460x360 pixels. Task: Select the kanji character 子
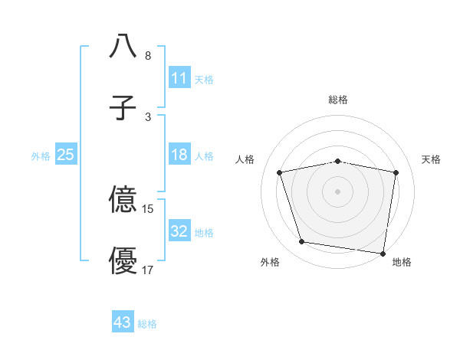[123, 107]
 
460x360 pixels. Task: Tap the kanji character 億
[123, 200]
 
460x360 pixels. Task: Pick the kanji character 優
[123, 260]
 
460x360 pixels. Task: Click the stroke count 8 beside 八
[147, 56]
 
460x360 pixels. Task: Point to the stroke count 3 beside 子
[147, 117]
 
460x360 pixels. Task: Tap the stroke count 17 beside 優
[148, 270]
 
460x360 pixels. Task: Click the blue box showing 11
[179, 78]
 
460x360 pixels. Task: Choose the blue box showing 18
[179, 155]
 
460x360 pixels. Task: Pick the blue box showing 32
[179, 231]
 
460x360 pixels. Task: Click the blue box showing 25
[66, 155]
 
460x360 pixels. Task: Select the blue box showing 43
[123, 323]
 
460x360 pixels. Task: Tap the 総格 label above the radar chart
[338, 100]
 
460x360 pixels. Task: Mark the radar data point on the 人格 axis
[280, 172]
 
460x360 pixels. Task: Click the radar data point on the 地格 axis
[383, 253]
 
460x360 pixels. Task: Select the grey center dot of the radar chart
[338, 191]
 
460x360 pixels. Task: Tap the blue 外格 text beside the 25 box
[41, 155]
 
